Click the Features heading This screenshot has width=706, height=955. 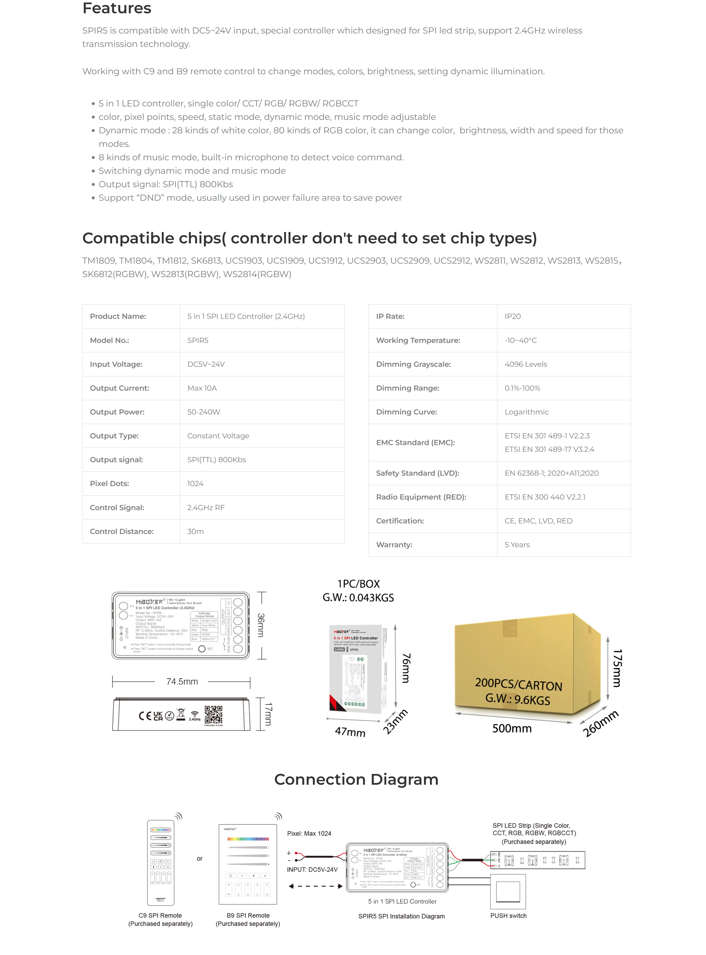click(x=117, y=8)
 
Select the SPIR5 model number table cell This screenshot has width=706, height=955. click(x=198, y=340)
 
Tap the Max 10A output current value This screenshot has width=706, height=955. click(x=202, y=388)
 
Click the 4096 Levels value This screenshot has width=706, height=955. click(x=526, y=364)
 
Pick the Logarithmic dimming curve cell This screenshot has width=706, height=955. click(x=526, y=412)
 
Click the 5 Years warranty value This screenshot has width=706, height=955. click(x=517, y=545)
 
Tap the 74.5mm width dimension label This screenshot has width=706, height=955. click(x=182, y=682)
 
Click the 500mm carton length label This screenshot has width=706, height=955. click(x=512, y=728)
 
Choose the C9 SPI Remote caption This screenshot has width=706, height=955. click(x=160, y=915)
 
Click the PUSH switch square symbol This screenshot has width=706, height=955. click(x=508, y=892)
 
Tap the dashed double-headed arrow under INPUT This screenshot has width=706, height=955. click(x=315, y=886)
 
